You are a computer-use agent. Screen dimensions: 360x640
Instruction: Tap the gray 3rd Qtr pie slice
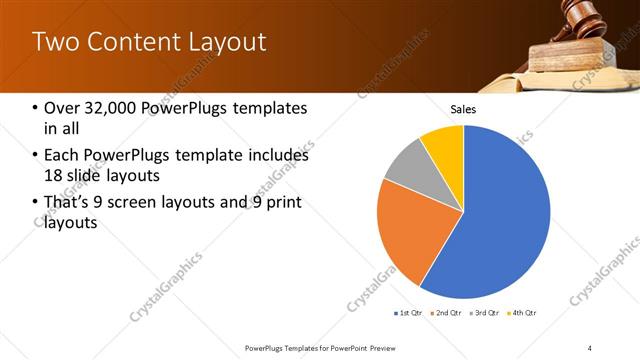point(407,166)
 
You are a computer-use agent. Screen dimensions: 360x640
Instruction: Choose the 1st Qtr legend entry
point(408,313)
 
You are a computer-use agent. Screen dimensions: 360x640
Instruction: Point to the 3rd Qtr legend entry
point(484,313)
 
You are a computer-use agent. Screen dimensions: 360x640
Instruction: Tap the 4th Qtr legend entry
point(524,313)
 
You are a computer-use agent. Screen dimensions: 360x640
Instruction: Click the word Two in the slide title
point(53,42)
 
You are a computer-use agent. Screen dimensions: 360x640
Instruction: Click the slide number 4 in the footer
point(590,347)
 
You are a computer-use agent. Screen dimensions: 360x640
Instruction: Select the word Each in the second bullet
point(62,155)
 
